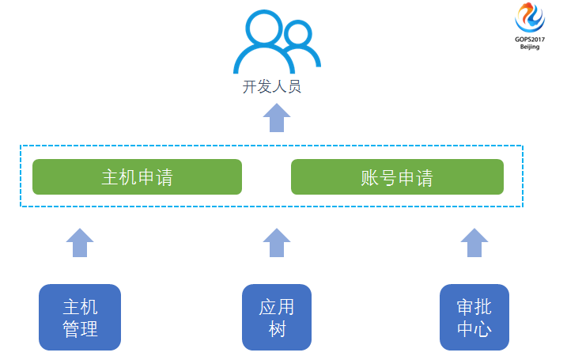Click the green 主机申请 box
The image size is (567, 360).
(137, 177)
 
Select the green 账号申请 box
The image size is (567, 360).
(397, 177)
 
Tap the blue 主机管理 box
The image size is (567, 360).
(80, 317)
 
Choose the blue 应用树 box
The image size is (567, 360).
(277, 317)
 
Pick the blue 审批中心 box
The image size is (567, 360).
(474, 317)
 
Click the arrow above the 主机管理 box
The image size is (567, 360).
(80, 242)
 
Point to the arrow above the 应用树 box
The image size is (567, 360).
(277, 242)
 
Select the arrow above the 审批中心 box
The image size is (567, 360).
(474, 242)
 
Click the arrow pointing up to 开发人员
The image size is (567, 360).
(277, 118)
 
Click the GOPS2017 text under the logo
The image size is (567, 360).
(530, 40)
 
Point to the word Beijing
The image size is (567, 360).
(530, 47)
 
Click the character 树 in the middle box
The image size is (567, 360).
(277, 328)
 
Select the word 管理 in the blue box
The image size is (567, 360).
(80, 328)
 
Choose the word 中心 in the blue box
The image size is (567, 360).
(474, 328)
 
